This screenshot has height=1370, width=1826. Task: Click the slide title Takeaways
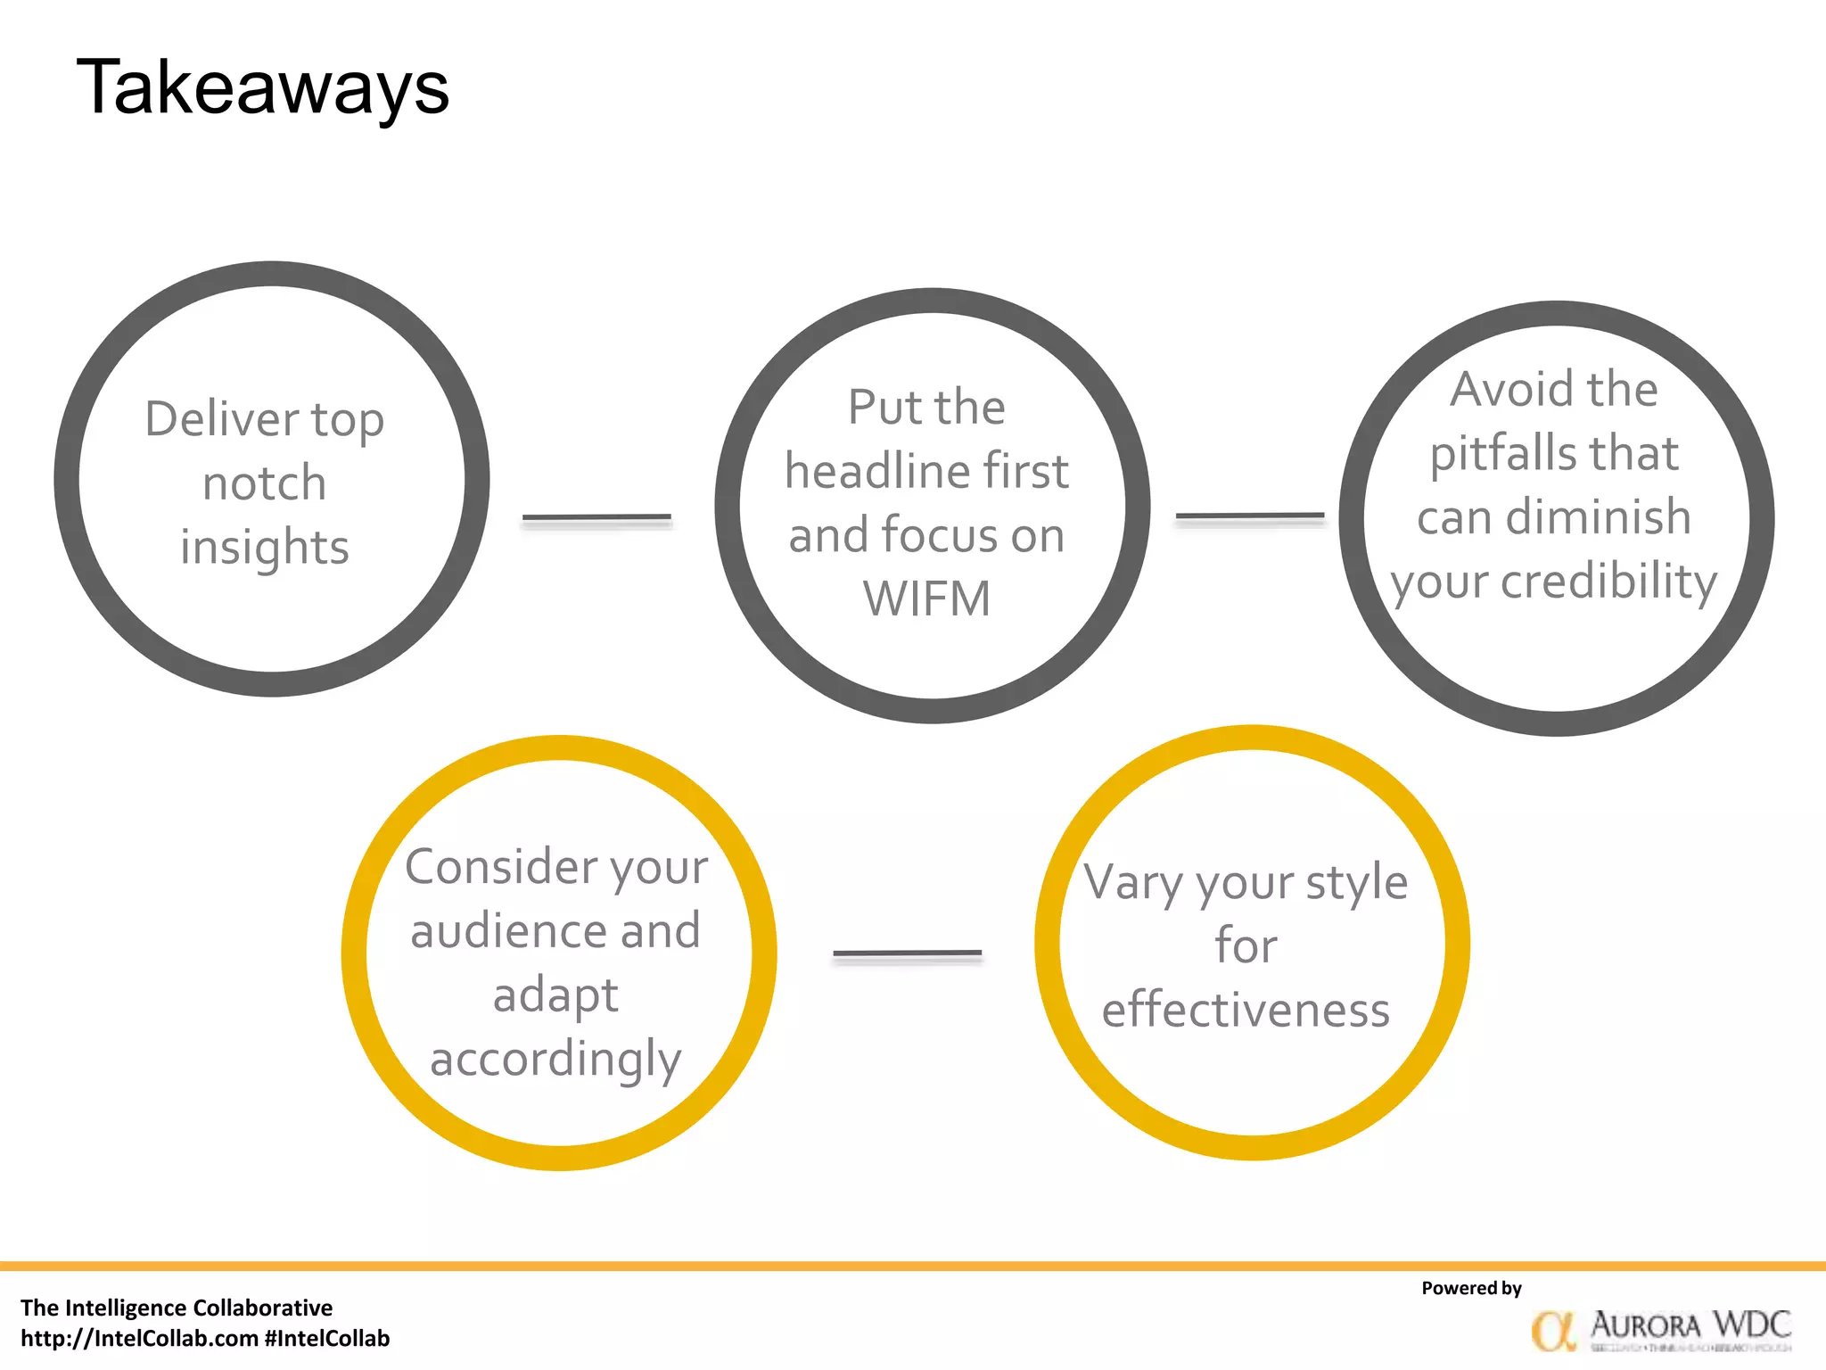(263, 87)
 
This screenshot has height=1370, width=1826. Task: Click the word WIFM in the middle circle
(926, 598)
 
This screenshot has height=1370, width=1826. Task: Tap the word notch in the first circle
(265, 483)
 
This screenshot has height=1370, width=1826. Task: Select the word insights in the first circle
(265, 547)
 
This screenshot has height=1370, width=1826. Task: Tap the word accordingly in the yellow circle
(555, 1059)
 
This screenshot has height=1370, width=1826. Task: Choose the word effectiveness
(1246, 1010)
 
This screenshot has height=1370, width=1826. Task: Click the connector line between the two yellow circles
(907, 953)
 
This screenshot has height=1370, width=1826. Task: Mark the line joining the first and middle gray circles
(596, 517)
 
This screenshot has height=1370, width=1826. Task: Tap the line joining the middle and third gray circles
(1250, 516)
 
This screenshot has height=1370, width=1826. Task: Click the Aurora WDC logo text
(1690, 1325)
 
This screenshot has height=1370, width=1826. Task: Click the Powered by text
(1471, 1288)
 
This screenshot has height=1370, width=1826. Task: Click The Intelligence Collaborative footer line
(177, 1308)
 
